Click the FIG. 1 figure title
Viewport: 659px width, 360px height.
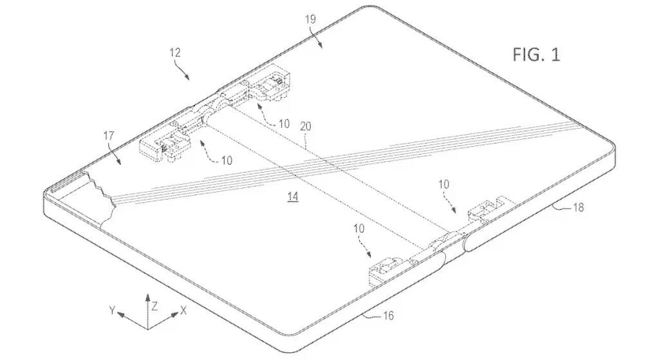pyautogui.click(x=536, y=55)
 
